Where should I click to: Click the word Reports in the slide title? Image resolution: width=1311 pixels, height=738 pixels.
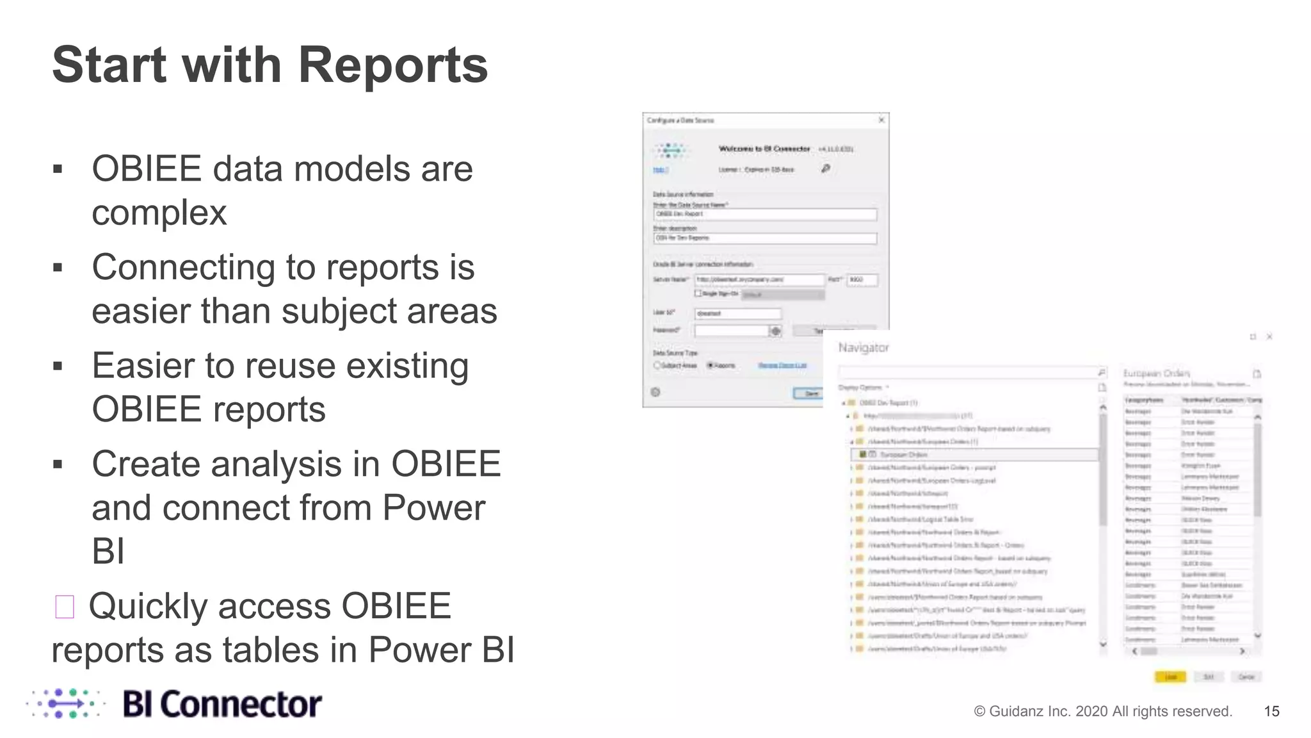point(392,65)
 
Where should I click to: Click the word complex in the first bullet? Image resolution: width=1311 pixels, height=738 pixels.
point(159,213)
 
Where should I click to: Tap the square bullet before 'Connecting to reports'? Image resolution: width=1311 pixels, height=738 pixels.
point(58,268)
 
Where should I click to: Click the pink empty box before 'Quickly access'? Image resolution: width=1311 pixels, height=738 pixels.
point(65,607)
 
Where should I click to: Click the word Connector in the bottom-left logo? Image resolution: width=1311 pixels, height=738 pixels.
point(241,705)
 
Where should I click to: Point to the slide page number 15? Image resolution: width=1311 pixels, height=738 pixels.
point(1271,711)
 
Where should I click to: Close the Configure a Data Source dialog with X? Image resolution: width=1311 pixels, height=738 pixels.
point(881,120)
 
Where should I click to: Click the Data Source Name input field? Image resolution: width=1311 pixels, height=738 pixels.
point(765,214)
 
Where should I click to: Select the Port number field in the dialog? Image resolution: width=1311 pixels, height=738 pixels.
point(862,280)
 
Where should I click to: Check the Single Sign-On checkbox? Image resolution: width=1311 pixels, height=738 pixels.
point(698,293)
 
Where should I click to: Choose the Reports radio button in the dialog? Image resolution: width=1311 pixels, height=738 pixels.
point(710,365)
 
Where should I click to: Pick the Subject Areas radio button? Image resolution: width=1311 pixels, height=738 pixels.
point(657,365)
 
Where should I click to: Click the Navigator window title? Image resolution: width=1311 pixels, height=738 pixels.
point(864,348)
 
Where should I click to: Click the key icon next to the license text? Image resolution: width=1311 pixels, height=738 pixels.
point(826,168)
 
